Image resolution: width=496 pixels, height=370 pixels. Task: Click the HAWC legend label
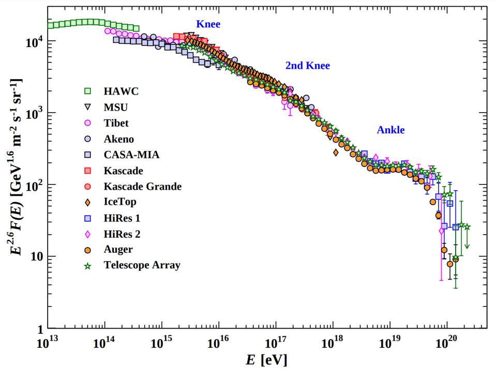(121, 91)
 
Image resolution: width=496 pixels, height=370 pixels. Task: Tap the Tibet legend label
(116, 123)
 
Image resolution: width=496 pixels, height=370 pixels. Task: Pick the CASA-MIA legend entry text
(131, 155)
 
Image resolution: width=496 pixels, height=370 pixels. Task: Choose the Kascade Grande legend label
(143, 187)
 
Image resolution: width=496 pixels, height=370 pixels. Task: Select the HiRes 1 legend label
(122, 218)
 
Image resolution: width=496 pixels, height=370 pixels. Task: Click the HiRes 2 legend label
(122, 234)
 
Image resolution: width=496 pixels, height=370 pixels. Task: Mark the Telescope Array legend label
(142, 266)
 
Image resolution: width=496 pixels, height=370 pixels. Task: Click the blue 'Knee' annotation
(208, 24)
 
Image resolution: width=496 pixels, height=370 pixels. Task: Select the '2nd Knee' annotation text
(307, 66)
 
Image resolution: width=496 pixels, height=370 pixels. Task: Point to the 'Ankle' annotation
(390, 130)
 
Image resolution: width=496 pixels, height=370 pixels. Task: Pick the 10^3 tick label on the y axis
(34, 113)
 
